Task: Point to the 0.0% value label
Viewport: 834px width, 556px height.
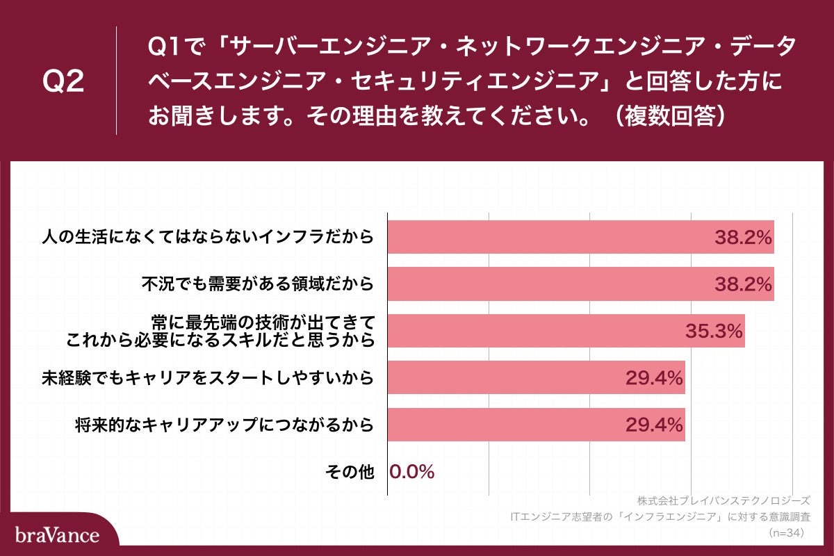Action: click(x=412, y=472)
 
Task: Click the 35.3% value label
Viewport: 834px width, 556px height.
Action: click(x=714, y=332)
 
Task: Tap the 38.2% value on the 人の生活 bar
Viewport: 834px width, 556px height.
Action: click(x=744, y=237)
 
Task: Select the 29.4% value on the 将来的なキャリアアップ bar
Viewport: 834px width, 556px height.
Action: click(x=655, y=425)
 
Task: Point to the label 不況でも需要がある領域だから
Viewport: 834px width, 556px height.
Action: click(x=258, y=284)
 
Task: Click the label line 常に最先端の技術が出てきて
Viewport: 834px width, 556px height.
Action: click(x=263, y=322)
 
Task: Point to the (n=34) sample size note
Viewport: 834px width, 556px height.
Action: click(x=786, y=533)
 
